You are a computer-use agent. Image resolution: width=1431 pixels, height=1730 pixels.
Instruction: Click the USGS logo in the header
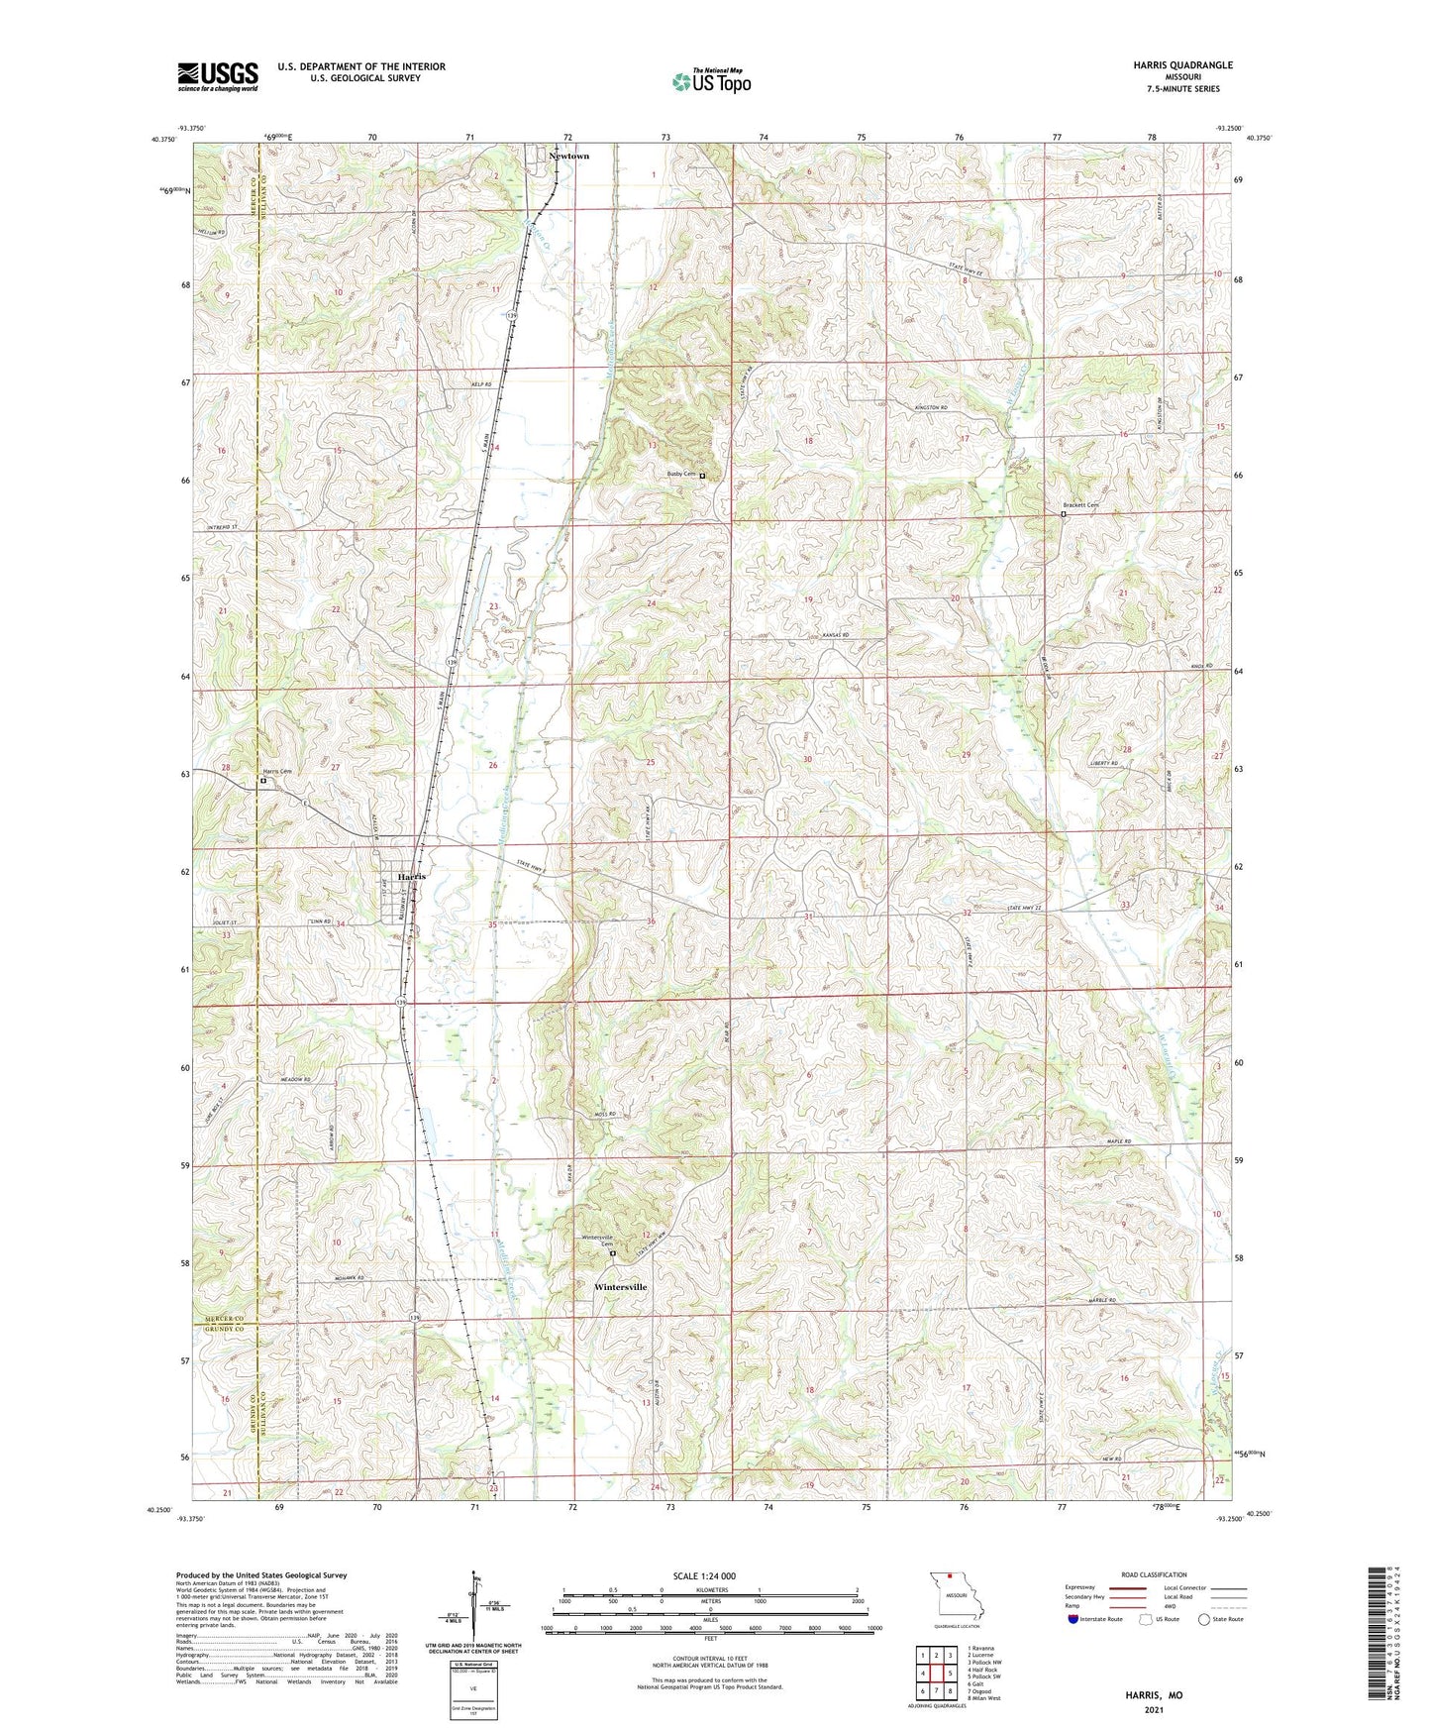(x=218, y=76)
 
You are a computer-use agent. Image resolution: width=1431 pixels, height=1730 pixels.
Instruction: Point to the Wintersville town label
(x=620, y=1287)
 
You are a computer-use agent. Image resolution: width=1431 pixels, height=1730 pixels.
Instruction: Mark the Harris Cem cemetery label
(x=277, y=772)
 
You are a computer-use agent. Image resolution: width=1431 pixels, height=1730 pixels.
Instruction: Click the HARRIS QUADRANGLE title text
(x=1183, y=65)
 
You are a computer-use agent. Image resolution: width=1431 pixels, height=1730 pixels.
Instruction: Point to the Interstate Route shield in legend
(x=1074, y=1619)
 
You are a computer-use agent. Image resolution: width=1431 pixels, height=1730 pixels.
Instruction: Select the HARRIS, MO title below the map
(x=1153, y=1695)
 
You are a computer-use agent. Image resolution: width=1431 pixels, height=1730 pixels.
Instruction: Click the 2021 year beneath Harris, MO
(x=1153, y=1709)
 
